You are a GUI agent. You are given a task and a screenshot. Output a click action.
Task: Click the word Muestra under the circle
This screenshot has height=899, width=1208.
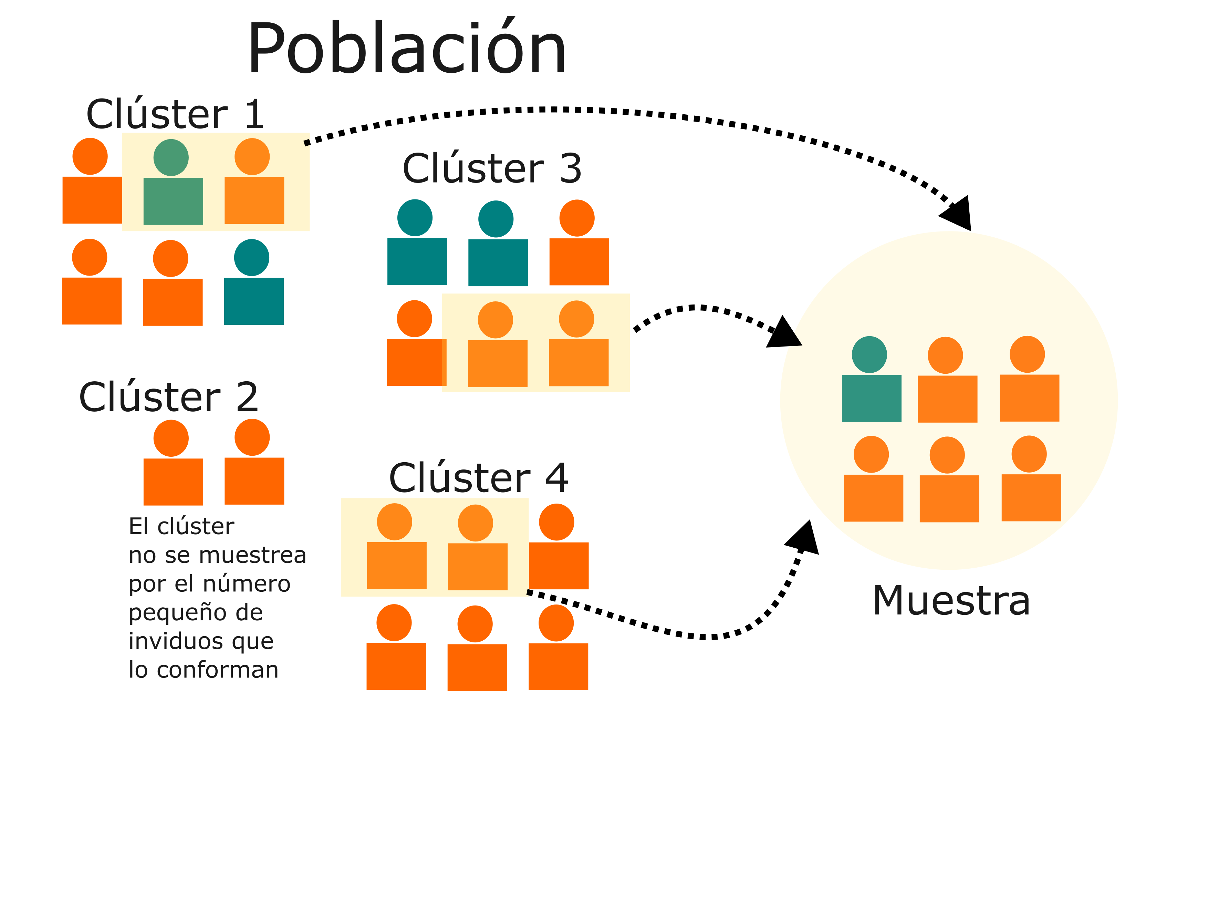(x=951, y=601)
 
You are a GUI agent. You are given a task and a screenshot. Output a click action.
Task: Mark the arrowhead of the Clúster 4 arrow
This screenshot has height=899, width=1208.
(x=804, y=538)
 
